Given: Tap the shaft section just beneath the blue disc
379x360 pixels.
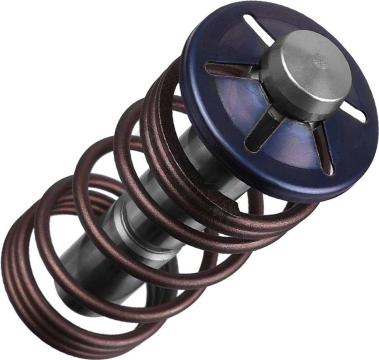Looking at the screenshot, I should coord(208,156).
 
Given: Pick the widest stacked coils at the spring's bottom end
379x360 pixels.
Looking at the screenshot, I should coord(28,294).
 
